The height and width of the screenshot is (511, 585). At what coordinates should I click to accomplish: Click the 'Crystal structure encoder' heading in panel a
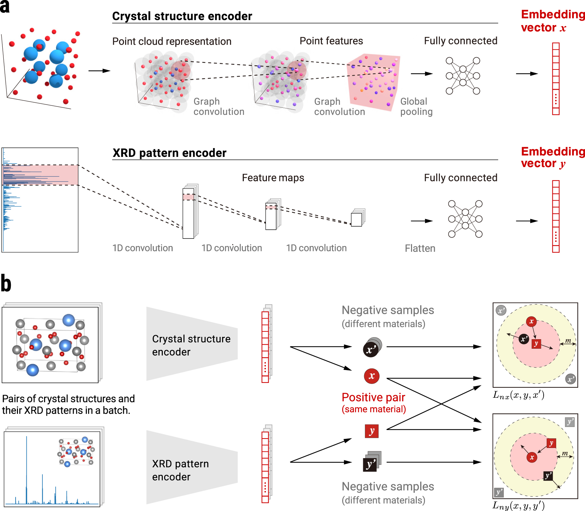[182, 16]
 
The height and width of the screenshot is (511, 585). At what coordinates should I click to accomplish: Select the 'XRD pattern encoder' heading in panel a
[169, 153]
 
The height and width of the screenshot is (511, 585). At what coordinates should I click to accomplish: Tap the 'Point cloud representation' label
[172, 41]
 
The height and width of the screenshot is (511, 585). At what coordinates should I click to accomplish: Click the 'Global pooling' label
[416, 106]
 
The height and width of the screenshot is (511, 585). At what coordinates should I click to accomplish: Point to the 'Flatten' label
[420, 248]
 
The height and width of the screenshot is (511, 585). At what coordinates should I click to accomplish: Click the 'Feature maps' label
[273, 178]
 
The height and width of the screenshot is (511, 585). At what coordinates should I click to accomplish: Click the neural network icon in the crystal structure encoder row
[463, 76]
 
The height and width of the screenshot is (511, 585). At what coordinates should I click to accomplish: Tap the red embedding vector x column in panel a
[555, 79]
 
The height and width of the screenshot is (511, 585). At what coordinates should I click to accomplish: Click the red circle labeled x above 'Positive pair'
[372, 376]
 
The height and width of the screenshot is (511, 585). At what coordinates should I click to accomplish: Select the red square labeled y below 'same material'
[372, 431]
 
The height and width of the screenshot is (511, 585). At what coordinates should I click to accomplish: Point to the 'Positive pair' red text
[373, 397]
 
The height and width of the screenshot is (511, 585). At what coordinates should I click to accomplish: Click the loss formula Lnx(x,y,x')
[518, 395]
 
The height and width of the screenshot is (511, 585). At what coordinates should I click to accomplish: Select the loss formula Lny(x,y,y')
[518, 506]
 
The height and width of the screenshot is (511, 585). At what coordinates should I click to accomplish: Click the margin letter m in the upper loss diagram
[568, 341]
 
